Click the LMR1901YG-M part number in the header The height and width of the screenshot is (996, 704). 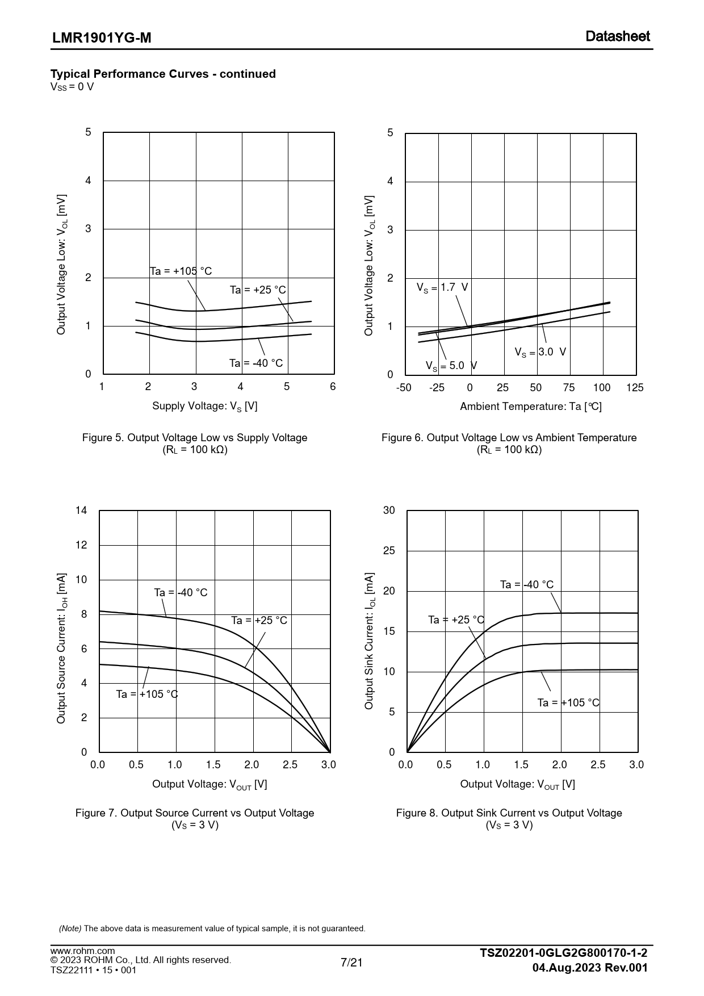click(x=102, y=38)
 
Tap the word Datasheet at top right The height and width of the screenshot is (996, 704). click(x=618, y=36)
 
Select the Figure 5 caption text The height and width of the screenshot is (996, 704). click(x=195, y=438)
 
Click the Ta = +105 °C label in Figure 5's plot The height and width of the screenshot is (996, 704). click(x=181, y=271)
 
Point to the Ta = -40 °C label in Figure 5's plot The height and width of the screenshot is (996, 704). click(x=255, y=363)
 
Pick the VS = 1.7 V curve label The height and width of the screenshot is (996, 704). click(x=442, y=287)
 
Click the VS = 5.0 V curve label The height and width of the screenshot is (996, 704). click(x=451, y=366)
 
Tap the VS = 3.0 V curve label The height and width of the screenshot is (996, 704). click(x=540, y=352)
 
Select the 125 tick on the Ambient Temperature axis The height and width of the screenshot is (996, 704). click(x=635, y=388)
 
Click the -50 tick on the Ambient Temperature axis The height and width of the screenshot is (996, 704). click(x=404, y=388)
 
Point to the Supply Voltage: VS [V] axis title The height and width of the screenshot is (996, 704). click(x=204, y=406)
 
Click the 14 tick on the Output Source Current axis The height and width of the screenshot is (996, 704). click(x=82, y=510)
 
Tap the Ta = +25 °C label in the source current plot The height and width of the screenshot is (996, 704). click(x=259, y=621)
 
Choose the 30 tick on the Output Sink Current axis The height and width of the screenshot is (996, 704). click(x=389, y=510)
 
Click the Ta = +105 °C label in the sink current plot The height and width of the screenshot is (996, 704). click(x=568, y=703)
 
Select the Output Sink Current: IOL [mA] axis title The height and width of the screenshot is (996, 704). click(x=370, y=641)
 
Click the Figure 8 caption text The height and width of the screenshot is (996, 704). click(x=509, y=813)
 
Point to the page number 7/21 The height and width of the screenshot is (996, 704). click(x=351, y=962)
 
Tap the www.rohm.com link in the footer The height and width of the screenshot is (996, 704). click(x=83, y=951)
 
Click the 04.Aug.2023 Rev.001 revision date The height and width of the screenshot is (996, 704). click(x=590, y=968)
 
